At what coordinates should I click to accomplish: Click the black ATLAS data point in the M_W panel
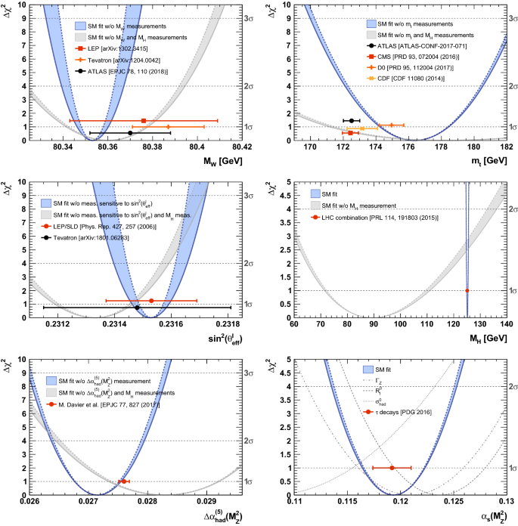tap(130, 133)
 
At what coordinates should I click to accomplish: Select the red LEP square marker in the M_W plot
tap(144, 120)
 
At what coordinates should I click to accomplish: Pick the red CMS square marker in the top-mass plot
tap(350, 133)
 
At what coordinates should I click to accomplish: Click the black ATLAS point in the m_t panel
tap(352, 120)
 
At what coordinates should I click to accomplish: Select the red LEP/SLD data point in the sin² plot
tap(151, 301)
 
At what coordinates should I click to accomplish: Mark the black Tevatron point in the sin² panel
tap(137, 308)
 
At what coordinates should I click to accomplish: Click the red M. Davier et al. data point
tap(123, 481)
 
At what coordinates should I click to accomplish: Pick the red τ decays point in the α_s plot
tap(392, 468)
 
